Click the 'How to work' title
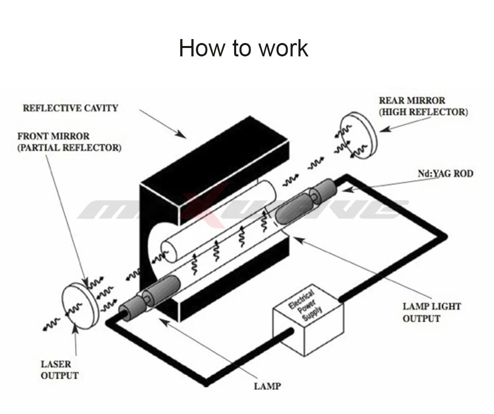click(243, 48)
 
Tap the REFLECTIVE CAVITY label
click(71, 108)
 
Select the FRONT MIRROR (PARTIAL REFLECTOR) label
click(69, 141)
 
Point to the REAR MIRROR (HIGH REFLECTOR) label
click(422, 106)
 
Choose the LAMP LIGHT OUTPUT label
click(431, 312)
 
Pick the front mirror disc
click(78, 308)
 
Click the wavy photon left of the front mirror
click(52, 324)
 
